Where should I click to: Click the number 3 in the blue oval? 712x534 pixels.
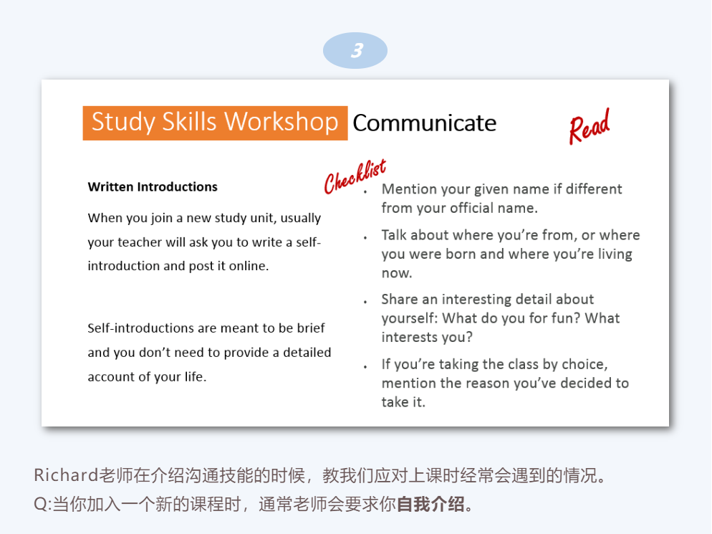point(357,50)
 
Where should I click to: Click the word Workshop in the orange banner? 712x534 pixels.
point(281,122)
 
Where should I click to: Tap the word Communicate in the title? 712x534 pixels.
point(425,123)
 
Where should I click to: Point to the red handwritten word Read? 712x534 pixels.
point(590,127)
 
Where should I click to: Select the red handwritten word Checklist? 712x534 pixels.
point(355,176)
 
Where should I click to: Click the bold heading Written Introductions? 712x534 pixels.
point(153,187)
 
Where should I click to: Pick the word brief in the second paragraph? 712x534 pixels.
point(311,328)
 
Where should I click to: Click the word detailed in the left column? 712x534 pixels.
point(307,352)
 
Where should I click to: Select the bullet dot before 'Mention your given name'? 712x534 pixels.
point(365,193)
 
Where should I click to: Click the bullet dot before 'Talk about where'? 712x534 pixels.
point(365,238)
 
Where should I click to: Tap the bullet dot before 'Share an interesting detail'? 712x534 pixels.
point(365,302)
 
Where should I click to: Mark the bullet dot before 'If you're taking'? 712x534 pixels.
point(365,367)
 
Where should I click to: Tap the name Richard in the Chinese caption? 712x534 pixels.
point(67,475)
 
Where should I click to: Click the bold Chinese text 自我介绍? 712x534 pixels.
point(430,504)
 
